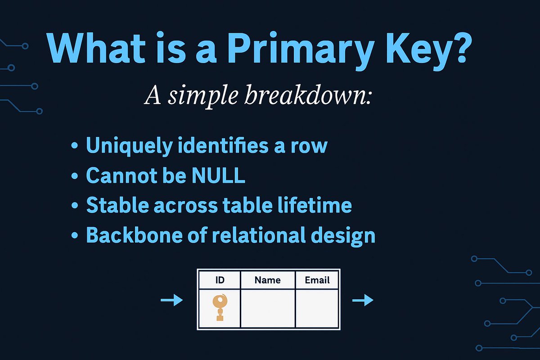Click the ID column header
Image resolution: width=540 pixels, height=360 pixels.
[x=220, y=280]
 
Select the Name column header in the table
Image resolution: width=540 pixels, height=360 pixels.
[x=267, y=280]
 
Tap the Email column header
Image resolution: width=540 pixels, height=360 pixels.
[x=317, y=280]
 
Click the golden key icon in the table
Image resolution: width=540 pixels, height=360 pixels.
[x=220, y=307]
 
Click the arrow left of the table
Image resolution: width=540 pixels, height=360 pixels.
[x=171, y=300]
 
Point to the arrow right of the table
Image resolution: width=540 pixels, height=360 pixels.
[x=363, y=300]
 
